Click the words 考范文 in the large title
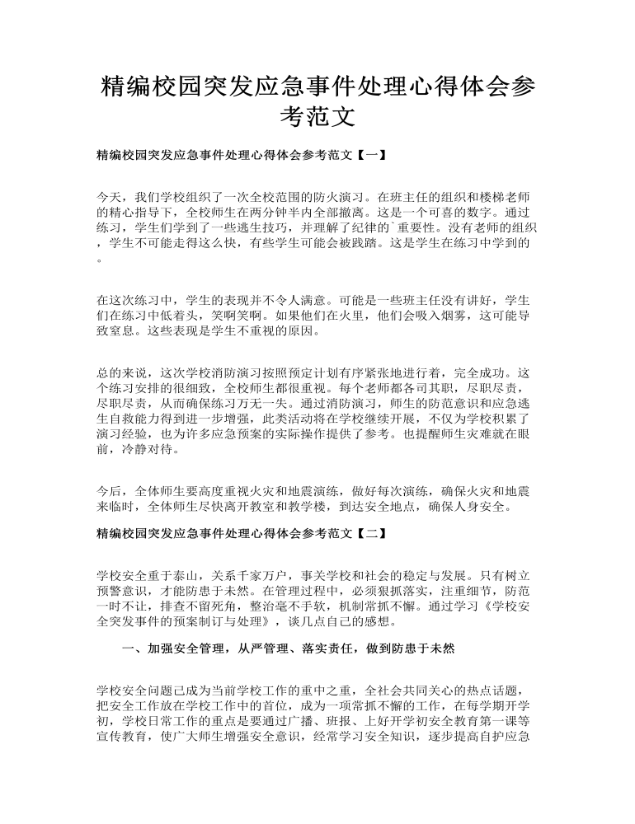[x=317, y=118]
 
